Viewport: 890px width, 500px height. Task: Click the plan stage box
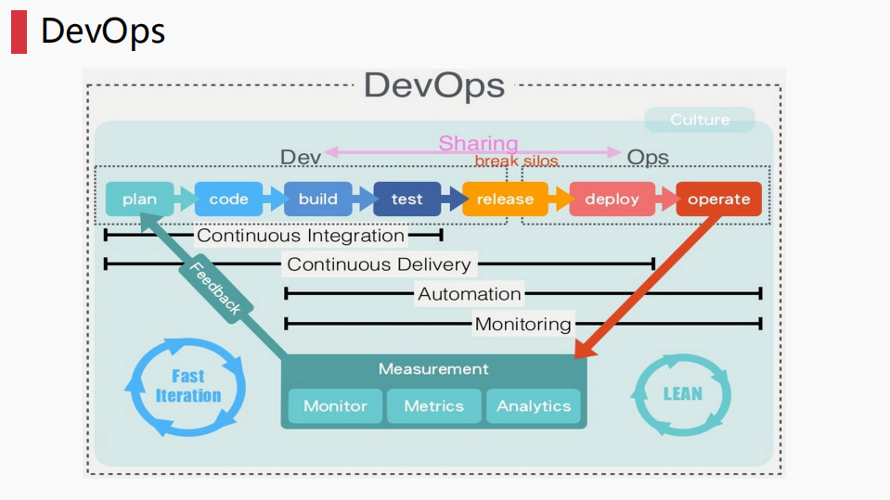coord(139,199)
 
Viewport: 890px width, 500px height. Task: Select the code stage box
coord(228,199)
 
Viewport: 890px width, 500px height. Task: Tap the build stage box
coord(317,199)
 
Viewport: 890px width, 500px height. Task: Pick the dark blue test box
coord(406,199)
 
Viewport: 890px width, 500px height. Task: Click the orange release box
coord(505,199)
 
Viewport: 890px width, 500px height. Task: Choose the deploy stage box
coord(612,199)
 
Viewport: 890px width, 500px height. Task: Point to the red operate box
coord(718,199)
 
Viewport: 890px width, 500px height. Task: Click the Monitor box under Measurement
coord(335,406)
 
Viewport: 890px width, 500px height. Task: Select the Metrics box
coord(433,406)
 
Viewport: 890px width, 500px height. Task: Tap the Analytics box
coord(534,406)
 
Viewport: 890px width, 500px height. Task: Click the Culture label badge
coord(700,120)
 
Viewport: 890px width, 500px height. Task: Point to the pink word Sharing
coord(478,143)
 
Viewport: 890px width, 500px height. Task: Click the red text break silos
coord(517,160)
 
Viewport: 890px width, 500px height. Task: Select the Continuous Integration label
coord(301,236)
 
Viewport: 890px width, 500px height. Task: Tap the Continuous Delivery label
coord(379,264)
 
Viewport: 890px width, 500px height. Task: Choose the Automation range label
coord(470,294)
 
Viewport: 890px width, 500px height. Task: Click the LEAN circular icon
coord(682,393)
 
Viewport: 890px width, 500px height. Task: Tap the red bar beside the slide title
coord(19,32)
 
